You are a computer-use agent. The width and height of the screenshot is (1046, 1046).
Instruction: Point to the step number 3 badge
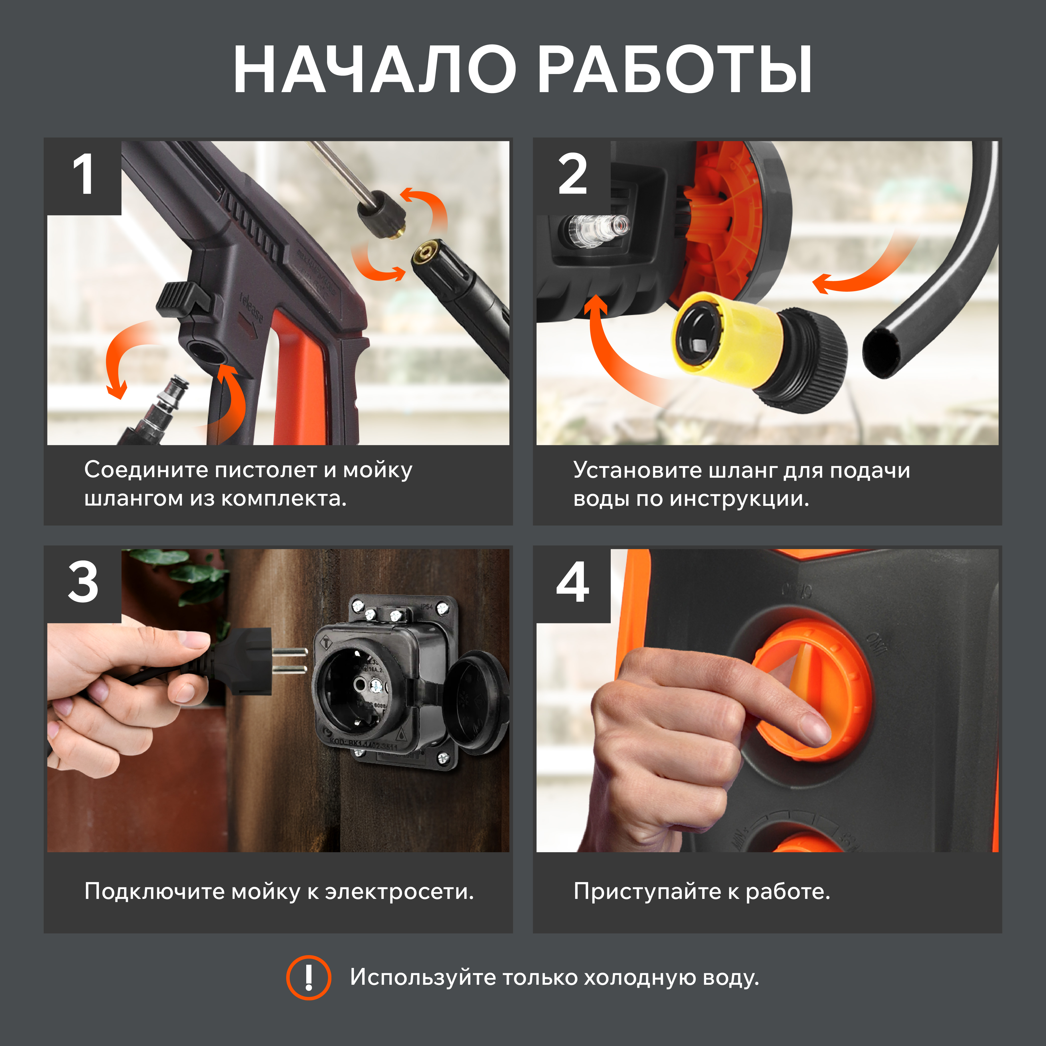coord(83,585)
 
